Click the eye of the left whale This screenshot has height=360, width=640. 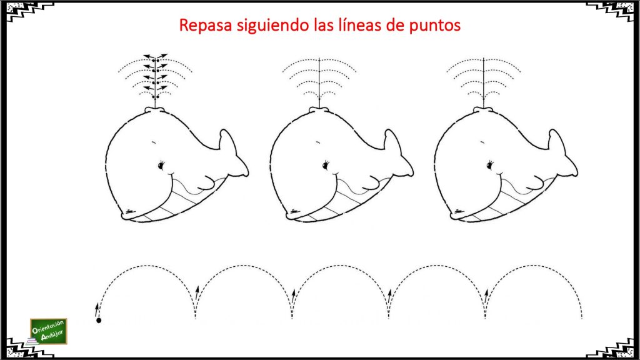click(161, 165)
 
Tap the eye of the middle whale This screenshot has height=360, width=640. click(326, 165)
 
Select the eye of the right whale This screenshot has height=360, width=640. click(490, 165)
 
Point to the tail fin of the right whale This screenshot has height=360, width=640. click(562, 154)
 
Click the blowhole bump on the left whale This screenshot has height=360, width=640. click(155, 110)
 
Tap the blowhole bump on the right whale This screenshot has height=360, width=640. click(483, 110)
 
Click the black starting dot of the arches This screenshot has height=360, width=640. click(99, 321)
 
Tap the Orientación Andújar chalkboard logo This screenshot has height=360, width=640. click(49, 331)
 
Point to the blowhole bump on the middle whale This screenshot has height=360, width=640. click(319, 110)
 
